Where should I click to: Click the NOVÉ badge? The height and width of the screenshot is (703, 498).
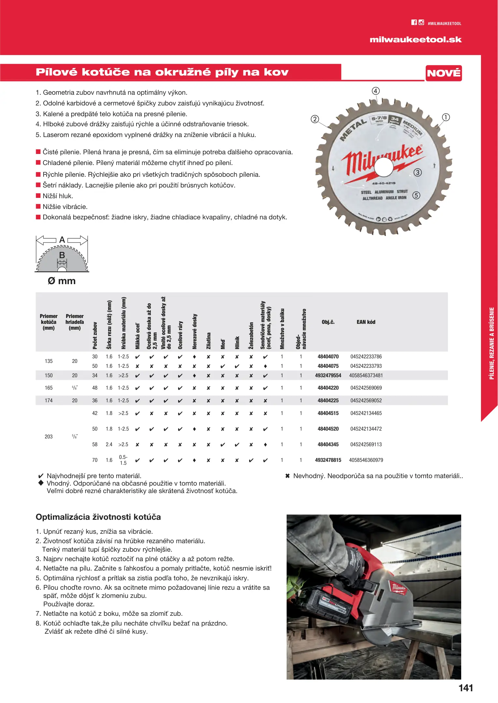444,73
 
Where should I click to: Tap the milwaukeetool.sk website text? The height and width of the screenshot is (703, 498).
416,40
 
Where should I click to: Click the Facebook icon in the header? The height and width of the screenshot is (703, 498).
414,22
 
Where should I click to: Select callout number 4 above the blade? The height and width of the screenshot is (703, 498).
376,91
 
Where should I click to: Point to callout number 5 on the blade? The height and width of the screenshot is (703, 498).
416,195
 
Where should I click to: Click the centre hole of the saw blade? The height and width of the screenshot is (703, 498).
384,167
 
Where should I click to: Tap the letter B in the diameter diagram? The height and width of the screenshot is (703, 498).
62,255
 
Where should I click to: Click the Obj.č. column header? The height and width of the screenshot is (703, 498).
328,322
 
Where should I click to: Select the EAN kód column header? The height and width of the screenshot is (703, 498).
366,322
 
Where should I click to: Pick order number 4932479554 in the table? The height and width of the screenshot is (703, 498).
328,375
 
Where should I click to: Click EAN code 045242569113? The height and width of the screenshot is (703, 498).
366,444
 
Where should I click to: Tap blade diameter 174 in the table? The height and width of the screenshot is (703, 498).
49,400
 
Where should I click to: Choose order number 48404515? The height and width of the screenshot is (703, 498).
328,413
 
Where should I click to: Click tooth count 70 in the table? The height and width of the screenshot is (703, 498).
95,460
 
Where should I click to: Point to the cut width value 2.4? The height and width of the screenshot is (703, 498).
109,444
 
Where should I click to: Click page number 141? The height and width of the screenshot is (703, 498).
466,688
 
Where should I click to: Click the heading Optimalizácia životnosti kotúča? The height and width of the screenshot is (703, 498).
98,517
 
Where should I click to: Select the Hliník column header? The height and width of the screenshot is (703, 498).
237,342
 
